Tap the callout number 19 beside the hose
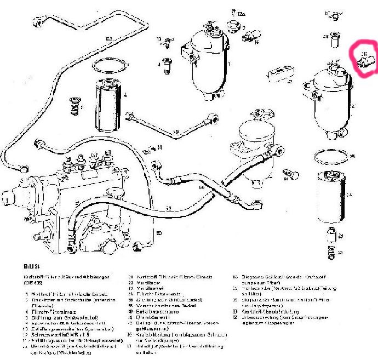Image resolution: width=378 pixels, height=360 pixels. click(176, 132)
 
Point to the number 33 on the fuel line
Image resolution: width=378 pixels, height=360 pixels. click(169, 208)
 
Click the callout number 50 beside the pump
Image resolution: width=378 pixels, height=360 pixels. click(159, 234)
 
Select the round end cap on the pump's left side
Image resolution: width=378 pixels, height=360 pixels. click(7, 198)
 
